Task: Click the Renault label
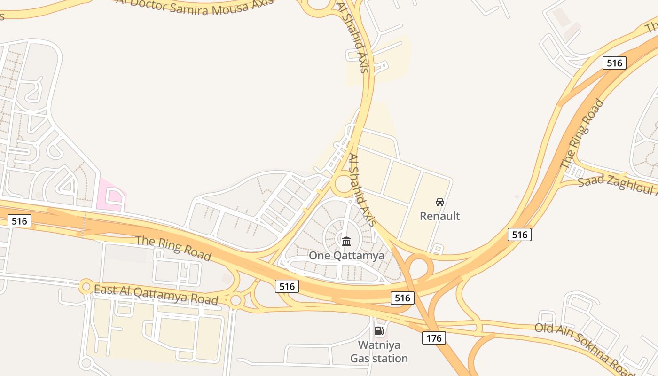pyautogui.click(x=439, y=216)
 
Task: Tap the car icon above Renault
pyautogui.click(x=440, y=202)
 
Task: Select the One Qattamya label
pyautogui.click(x=346, y=256)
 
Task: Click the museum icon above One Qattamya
pyautogui.click(x=346, y=241)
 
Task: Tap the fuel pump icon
pyautogui.click(x=379, y=331)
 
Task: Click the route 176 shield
pyautogui.click(x=433, y=338)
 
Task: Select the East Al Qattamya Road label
pyautogui.click(x=156, y=294)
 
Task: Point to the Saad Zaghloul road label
pyautogui.click(x=617, y=186)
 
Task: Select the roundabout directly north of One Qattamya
pyautogui.click(x=344, y=184)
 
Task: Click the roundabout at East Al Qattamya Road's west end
pyautogui.click(x=86, y=286)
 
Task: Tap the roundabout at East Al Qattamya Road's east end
pyautogui.click(x=236, y=300)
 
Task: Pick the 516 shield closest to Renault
pyautogui.click(x=519, y=234)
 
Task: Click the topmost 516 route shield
pyautogui.click(x=614, y=63)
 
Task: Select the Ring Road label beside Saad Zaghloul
pyautogui.click(x=582, y=134)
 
